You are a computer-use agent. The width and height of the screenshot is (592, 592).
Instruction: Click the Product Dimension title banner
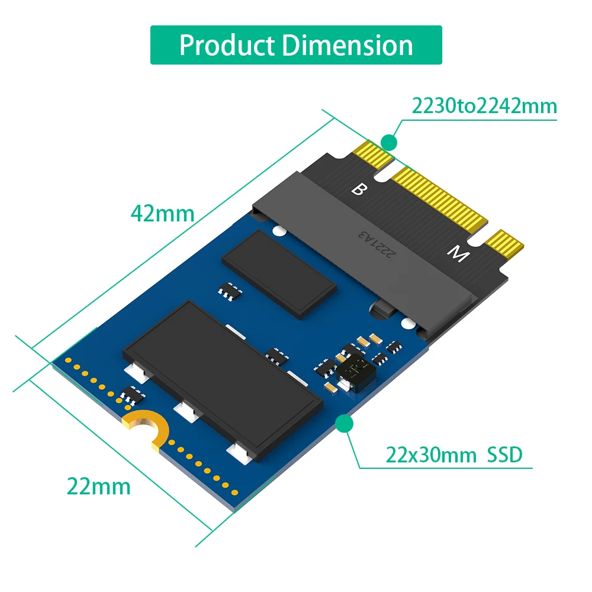click(296, 45)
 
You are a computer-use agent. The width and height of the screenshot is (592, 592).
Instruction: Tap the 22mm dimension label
click(98, 486)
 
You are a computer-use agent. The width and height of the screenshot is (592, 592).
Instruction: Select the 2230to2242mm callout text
click(484, 106)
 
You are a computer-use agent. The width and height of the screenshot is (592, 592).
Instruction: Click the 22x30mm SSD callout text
click(454, 455)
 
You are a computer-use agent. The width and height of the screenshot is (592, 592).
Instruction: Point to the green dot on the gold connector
click(388, 142)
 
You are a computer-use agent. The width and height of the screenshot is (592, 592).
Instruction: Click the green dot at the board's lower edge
click(344, 423)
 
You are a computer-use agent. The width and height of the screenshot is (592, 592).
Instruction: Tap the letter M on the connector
click(456, 255)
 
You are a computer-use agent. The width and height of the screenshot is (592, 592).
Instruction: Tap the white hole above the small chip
click(276, 230)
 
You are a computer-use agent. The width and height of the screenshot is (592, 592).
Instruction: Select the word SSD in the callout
click(504, 455)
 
